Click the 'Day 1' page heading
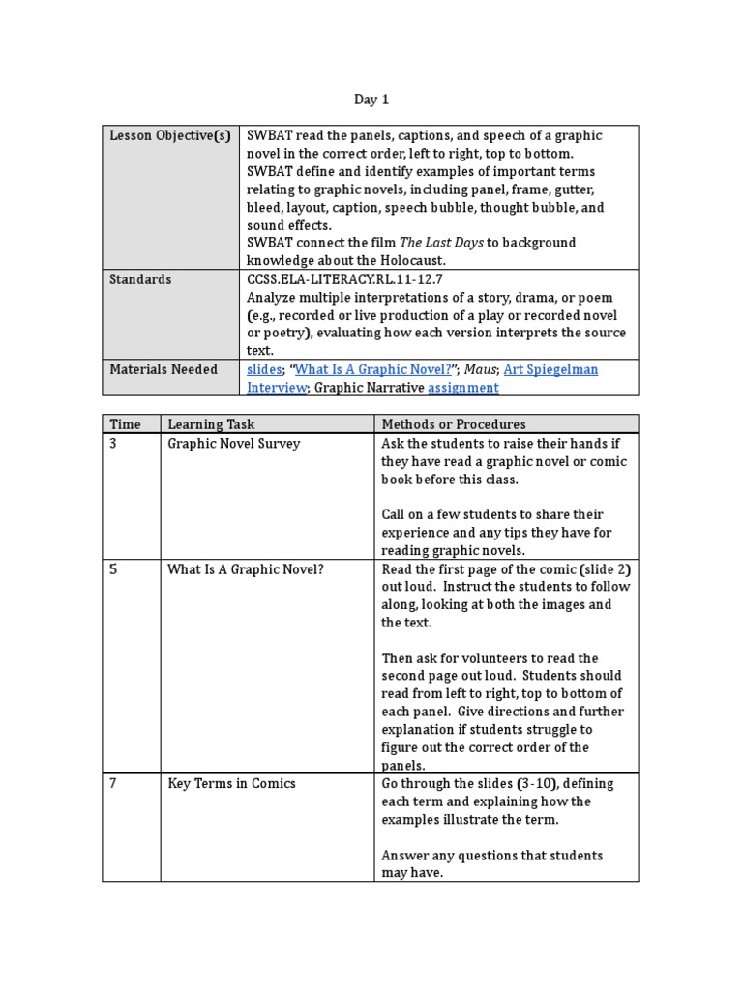371,99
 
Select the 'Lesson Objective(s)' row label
169,135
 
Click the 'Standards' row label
140,279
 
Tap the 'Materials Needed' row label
163,369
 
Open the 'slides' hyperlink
264,369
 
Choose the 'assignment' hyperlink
463,388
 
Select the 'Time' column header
125,424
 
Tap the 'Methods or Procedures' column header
454,424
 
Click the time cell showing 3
113,444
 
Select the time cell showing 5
113,569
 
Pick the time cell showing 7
113,784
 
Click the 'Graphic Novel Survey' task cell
233,444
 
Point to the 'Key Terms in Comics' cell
231,784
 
